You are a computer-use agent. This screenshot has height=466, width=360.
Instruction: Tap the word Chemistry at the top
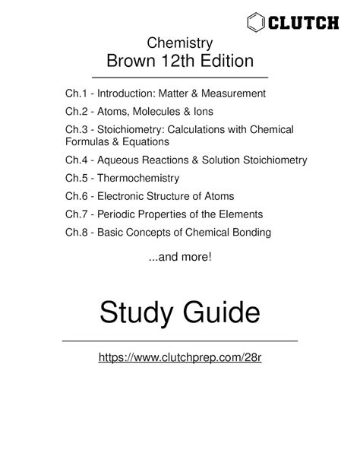click(179, 43)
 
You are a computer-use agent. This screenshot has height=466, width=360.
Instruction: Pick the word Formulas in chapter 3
click(87, 142)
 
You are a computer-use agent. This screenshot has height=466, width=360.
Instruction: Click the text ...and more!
click(179, 258)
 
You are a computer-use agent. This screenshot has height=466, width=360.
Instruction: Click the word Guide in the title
click(223, 311)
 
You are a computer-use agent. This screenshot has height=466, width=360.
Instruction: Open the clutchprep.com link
click(179, 356)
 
